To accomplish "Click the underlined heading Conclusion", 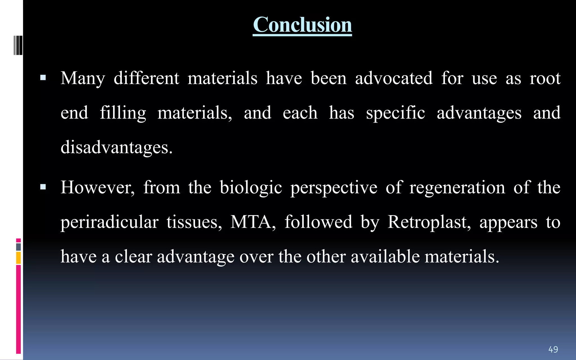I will (x=302, y=25).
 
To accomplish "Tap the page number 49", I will (x=553, y=349).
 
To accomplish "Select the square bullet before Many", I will (x=43, y=78).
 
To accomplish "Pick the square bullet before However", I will (x=43, y=187).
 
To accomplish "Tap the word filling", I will (x=123, y=113).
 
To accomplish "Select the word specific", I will (x=395, y=113).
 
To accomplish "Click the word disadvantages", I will (x=116, y=147).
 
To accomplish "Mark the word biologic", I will (x=251, y=187).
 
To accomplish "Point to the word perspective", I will (x=334, y=188).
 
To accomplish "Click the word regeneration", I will (x=457, y=187).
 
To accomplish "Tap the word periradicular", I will (x=109, y=222).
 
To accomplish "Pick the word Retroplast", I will (x=429, y=222).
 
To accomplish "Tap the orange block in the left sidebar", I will (x=19, y=258).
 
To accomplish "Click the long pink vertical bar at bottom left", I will (x=19, y=309).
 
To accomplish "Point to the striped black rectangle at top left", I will (x=18, y=45).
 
